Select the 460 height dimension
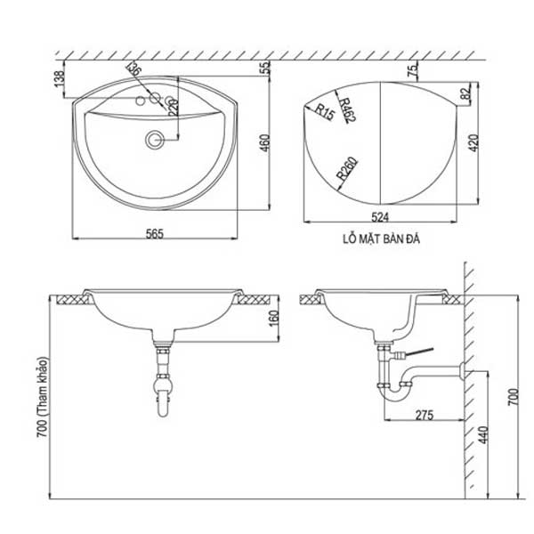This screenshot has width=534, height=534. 264,142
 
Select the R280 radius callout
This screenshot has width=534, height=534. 346,170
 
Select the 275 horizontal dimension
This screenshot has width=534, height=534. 424,416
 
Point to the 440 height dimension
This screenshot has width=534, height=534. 482,435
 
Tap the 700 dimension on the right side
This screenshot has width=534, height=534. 511,396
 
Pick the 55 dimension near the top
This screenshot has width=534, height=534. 264,68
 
